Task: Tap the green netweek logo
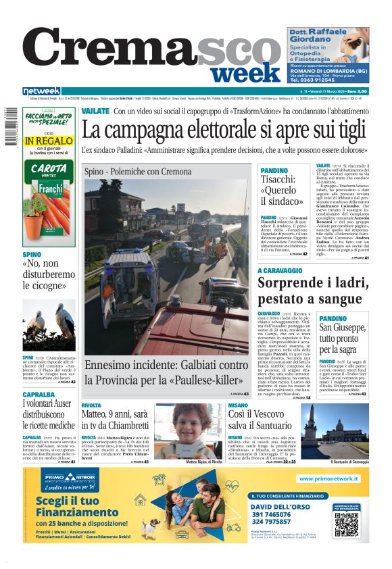click(x=41, y=91)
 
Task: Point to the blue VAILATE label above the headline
click(x=95, y=110)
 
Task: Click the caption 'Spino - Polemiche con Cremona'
click(x=138, y=172)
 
